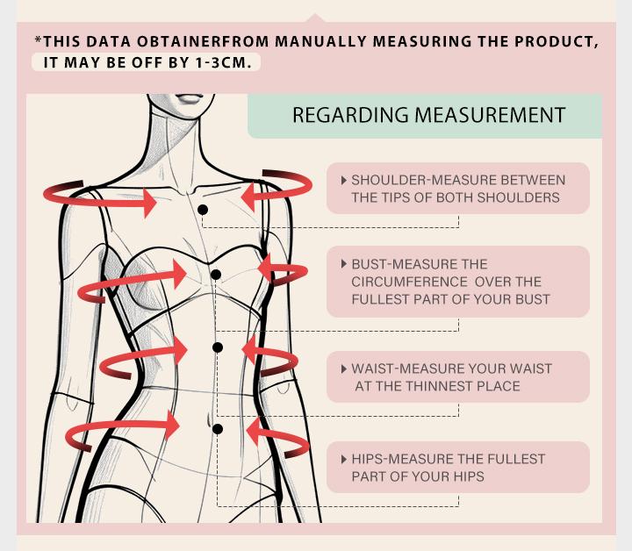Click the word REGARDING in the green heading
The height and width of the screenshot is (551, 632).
click(350, 115)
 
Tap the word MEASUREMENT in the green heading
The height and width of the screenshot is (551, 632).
click(490, 115)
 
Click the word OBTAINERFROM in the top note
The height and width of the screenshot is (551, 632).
click(203, 41)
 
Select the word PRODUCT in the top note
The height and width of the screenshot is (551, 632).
click(557, 41)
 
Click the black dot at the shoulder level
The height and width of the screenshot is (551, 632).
click(203, 210)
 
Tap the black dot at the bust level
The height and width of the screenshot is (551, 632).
click(216, 275)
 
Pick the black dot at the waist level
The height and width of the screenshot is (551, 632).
click(218, 347)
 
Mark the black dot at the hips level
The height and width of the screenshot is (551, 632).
click(218, 429)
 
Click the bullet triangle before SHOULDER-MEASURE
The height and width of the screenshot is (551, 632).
click(344, 180)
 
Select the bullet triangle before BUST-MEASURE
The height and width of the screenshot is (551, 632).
click(344, 264)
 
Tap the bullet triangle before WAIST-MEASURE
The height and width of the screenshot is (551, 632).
click(344, 369)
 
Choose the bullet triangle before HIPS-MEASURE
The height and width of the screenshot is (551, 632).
click(344, 459)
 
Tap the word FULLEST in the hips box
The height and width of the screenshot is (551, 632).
click(516, 459)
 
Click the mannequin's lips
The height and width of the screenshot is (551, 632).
click(190, 98)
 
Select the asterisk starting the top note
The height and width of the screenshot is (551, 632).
click(39, 39)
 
